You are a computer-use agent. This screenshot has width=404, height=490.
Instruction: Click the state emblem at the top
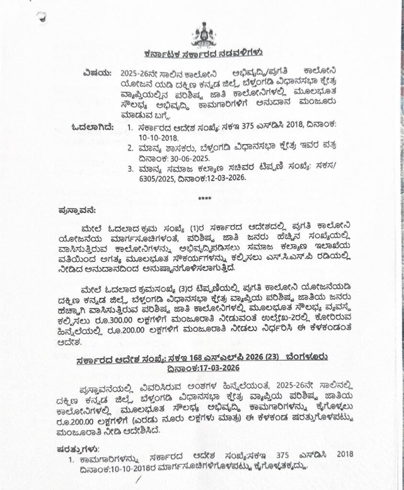pos(203,35)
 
